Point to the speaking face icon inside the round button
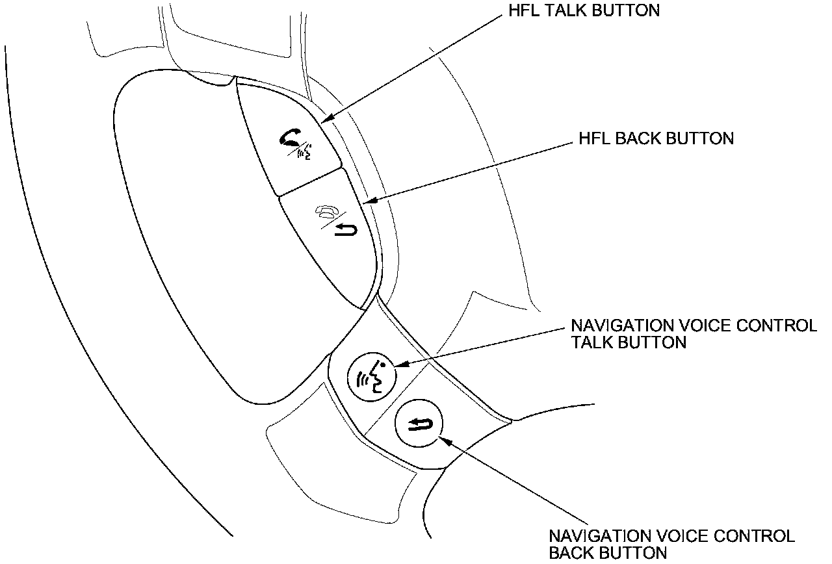point(372,377)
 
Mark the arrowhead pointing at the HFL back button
point(369,202)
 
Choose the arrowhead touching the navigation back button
point(444,441)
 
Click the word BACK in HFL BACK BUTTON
point(642,138)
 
